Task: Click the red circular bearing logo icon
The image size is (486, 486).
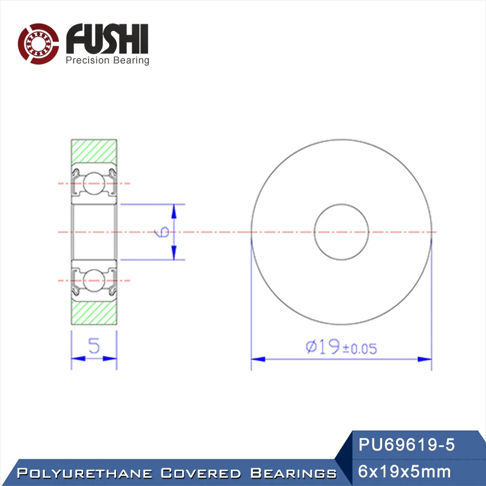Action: (x=38, y=44)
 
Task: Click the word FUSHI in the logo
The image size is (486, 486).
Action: (x=108, y=39)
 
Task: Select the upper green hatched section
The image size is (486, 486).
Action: (x=94, y=152)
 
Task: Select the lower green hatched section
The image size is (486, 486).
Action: (x=94, y=312)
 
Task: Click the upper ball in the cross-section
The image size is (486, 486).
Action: (x=94, y=183)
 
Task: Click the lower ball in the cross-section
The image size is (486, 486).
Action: (x=94, y=281)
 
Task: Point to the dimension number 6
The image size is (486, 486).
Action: (x=162, y=232)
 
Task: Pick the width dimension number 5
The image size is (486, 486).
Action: (x=94, y=346)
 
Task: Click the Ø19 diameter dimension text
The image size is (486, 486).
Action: (x=323, y=346)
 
